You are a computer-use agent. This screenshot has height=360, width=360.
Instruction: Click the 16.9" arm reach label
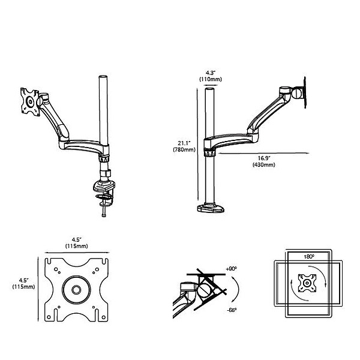[x=264, y=158]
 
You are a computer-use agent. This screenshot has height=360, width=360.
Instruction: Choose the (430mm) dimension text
[x=264, y=165]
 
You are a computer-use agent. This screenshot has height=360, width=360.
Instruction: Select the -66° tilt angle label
[x=232, y=310]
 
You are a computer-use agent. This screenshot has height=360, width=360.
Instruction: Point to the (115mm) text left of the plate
[x=23, y=287]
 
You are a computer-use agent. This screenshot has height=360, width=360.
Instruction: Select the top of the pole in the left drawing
[x=102, y=79]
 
